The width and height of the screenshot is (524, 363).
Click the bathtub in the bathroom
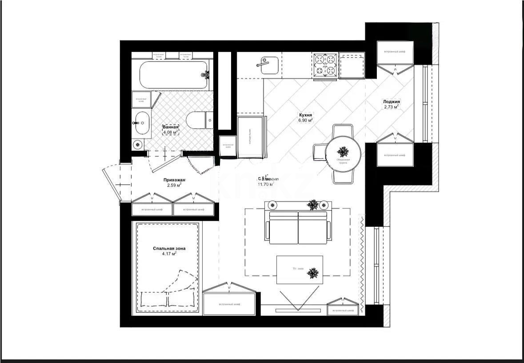point(174,75)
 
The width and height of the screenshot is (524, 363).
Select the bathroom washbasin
point(142,122)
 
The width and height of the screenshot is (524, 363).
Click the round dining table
point(343,153)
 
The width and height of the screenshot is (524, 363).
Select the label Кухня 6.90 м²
point(305,117)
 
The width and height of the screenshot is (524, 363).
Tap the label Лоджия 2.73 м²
point(391,104)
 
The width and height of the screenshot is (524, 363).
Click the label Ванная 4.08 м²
point(170,129)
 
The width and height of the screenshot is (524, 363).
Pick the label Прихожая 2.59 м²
point(174,182)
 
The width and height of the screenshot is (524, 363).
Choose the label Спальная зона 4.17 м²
point(169,251)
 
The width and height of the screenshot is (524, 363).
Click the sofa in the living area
point(298,227)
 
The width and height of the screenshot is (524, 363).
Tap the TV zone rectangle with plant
point(300,270)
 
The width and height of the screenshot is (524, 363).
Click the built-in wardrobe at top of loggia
point(395,52)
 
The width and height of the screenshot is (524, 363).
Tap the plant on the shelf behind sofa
point(313,205)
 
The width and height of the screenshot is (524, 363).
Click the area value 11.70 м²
point(266,184)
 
